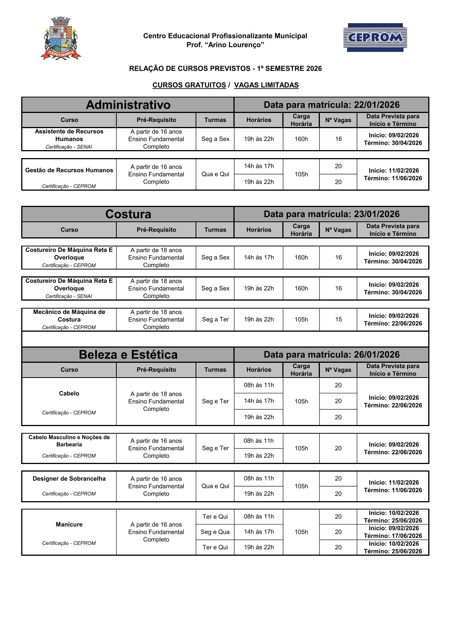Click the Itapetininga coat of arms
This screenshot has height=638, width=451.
tap(61, 38)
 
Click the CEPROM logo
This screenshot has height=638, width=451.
tap(375, 37)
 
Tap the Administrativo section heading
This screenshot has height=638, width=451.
tap(128, 105)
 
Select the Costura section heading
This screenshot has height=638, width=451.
tap(128, 214)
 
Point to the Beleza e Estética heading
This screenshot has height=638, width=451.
tap(128, 354)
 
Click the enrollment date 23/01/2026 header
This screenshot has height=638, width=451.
tap(332, 214)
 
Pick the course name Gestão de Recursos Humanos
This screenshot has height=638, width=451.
tap(69, 170)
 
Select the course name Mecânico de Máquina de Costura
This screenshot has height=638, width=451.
tap(69, 315)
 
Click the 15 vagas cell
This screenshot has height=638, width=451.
tap(338, 319)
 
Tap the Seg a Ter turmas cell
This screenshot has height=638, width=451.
tap(215, 319)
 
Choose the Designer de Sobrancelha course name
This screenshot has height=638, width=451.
tap(69, 478)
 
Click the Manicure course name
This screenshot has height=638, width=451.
tap(69, 524)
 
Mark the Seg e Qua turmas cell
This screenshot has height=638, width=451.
tap(215, 532)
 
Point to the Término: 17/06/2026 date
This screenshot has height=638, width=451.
tap(393, 536)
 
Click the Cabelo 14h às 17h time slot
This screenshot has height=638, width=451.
tap(259, 401)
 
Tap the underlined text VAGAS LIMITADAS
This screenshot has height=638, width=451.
tap(266, 85)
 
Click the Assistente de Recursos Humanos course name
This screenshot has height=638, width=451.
tap(69, 135)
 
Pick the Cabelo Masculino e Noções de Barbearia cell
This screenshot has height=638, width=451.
tap(69, 441)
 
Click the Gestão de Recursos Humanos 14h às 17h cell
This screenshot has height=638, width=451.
tap(259, 166)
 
